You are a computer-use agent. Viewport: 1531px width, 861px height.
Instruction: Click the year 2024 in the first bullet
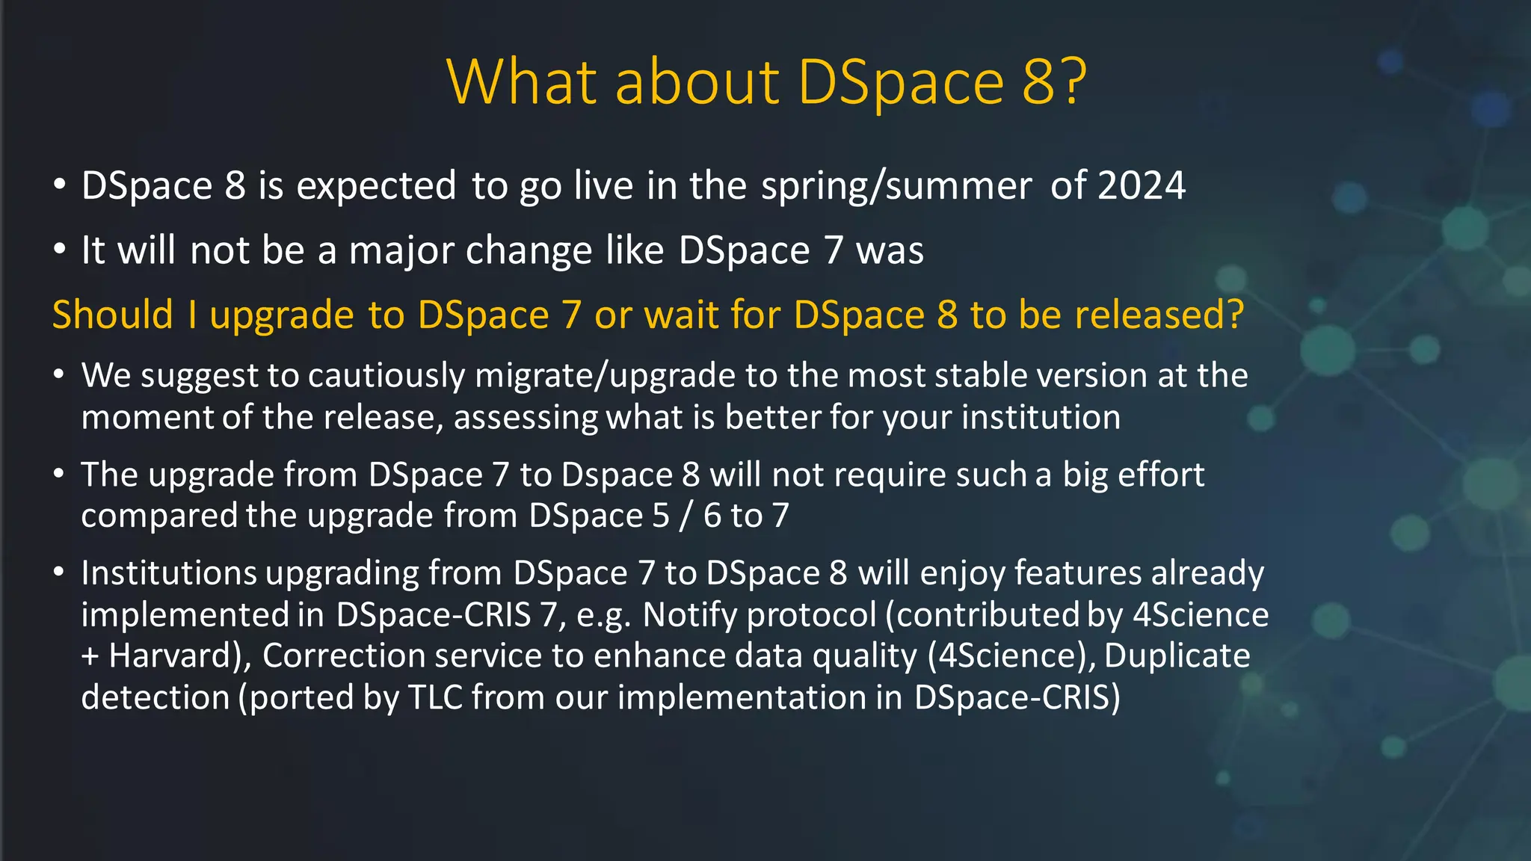tap(1141, 185)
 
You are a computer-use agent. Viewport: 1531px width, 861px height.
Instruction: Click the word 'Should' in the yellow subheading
tap(113, 315)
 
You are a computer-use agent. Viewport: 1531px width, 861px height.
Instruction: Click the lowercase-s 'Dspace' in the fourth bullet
tap(617, 475)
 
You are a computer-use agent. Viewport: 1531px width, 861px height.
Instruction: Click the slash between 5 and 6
tap(686, 516)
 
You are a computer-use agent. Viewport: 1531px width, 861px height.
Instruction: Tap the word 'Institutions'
tap(169, 573)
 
